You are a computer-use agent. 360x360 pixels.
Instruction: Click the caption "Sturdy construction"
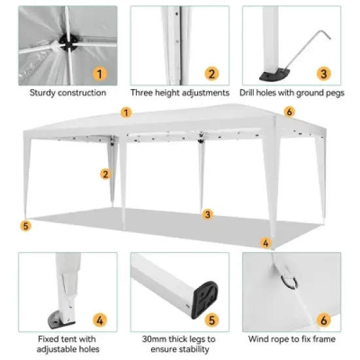click(67, 92)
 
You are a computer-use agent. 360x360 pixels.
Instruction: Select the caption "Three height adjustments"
click(179, 92)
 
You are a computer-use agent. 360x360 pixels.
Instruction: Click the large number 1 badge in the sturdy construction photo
click(98, 73)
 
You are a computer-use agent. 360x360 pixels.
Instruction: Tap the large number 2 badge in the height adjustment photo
click(211, 73)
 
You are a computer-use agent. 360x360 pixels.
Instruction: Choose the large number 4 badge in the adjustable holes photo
click(98, 320)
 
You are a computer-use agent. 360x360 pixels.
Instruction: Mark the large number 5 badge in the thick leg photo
click(211, 320)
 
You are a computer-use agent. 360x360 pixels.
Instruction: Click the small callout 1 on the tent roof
click(126, 113)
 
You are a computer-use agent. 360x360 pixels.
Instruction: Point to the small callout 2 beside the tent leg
click(105, 173)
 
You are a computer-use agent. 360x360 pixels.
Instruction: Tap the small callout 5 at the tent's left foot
click(26, 226)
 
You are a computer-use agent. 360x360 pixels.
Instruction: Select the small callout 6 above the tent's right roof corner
click(289, 111)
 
